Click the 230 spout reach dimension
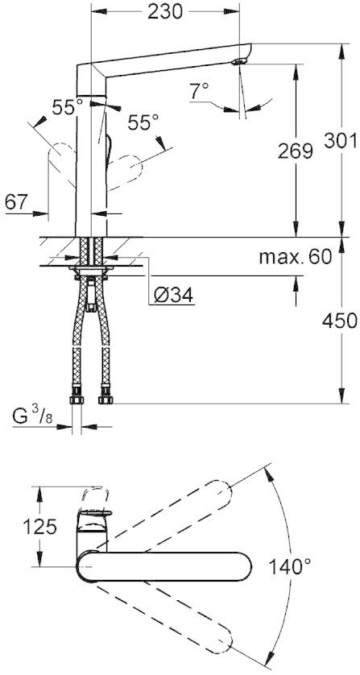[x=165, y=11]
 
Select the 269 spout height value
[x=295, y=151]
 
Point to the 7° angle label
[x=200, y=90]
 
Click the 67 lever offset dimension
[x=16, y=201]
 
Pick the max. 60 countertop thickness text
[x=296, y=257]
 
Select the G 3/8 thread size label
[x=33, y=416]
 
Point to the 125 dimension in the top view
[x=39, y=527]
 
